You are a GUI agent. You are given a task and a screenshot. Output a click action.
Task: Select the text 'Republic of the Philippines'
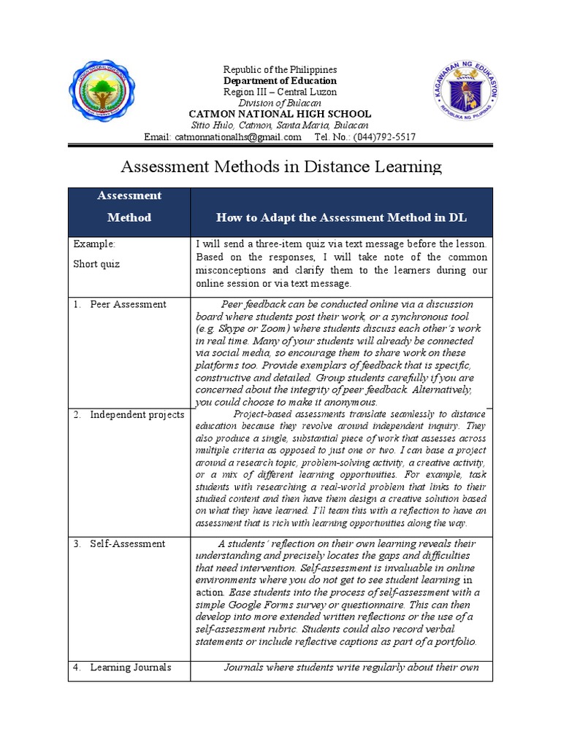click(280, 69)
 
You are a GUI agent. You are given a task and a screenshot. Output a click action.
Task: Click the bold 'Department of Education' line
click(280, 81)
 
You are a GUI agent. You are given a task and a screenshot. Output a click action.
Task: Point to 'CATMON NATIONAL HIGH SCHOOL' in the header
click(280, 114)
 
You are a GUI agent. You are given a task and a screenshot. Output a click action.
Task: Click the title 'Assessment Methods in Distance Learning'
click(280, 167)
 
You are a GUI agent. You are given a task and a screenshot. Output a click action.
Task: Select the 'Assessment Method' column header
click(129, 206)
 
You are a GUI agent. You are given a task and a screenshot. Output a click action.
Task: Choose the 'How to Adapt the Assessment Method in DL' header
click(341, 217)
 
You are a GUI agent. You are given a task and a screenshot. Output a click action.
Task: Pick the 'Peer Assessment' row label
click(128, 304)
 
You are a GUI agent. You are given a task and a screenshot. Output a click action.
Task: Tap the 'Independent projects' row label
click(137, 414)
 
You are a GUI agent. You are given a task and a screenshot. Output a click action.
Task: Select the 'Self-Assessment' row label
click(127, 543)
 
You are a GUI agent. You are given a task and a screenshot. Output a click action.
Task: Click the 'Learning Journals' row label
click(130, 667)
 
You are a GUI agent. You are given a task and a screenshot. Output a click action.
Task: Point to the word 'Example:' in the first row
click(93, 244)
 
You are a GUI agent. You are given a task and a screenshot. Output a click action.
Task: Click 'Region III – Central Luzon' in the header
click(280, 92)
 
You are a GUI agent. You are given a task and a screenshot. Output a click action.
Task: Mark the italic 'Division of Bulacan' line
click(280, 103)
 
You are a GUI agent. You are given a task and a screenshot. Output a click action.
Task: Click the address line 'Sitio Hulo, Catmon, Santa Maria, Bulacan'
click(280, 125)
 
